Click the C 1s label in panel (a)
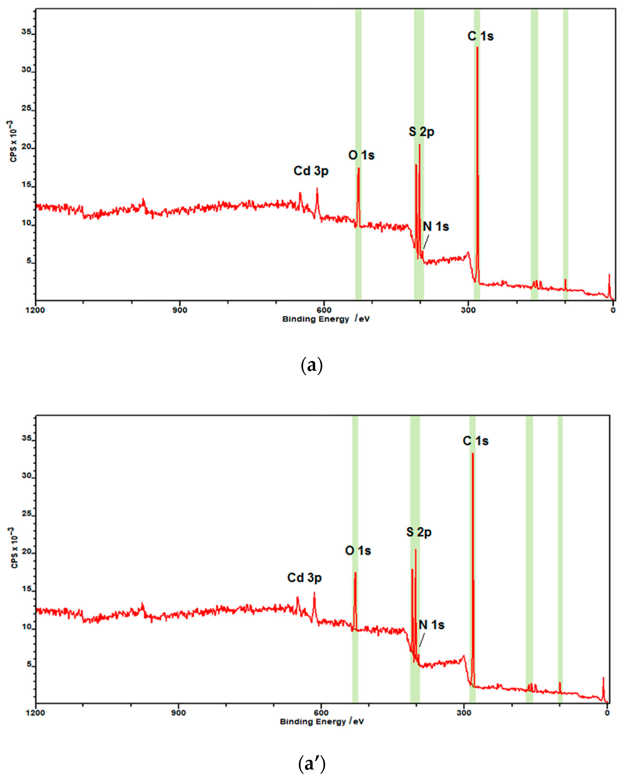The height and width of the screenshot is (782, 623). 480,36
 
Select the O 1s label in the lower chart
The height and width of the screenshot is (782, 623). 358,551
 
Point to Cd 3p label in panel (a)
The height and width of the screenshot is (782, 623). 311,171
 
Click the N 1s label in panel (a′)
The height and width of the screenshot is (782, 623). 431,625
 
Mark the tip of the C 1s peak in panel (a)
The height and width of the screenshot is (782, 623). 477,47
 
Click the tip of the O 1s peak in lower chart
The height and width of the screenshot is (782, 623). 355,572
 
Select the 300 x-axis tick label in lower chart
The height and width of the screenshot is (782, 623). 464,713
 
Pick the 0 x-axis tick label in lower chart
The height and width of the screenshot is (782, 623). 607,713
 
